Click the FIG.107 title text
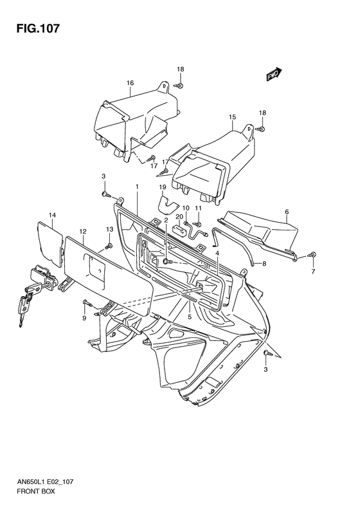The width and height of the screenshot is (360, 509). point(38,28)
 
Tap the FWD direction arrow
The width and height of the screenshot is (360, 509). point(274,74)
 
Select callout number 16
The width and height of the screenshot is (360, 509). point(130,83)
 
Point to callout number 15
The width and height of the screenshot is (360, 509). point(232,117)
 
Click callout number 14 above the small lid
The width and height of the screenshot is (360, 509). point(53,215)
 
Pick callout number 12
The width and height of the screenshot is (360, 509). point(83,232)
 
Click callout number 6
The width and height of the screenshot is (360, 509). point(287,212)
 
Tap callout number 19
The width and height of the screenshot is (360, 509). point(162,187)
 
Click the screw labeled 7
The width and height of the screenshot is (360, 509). point(312,255)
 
